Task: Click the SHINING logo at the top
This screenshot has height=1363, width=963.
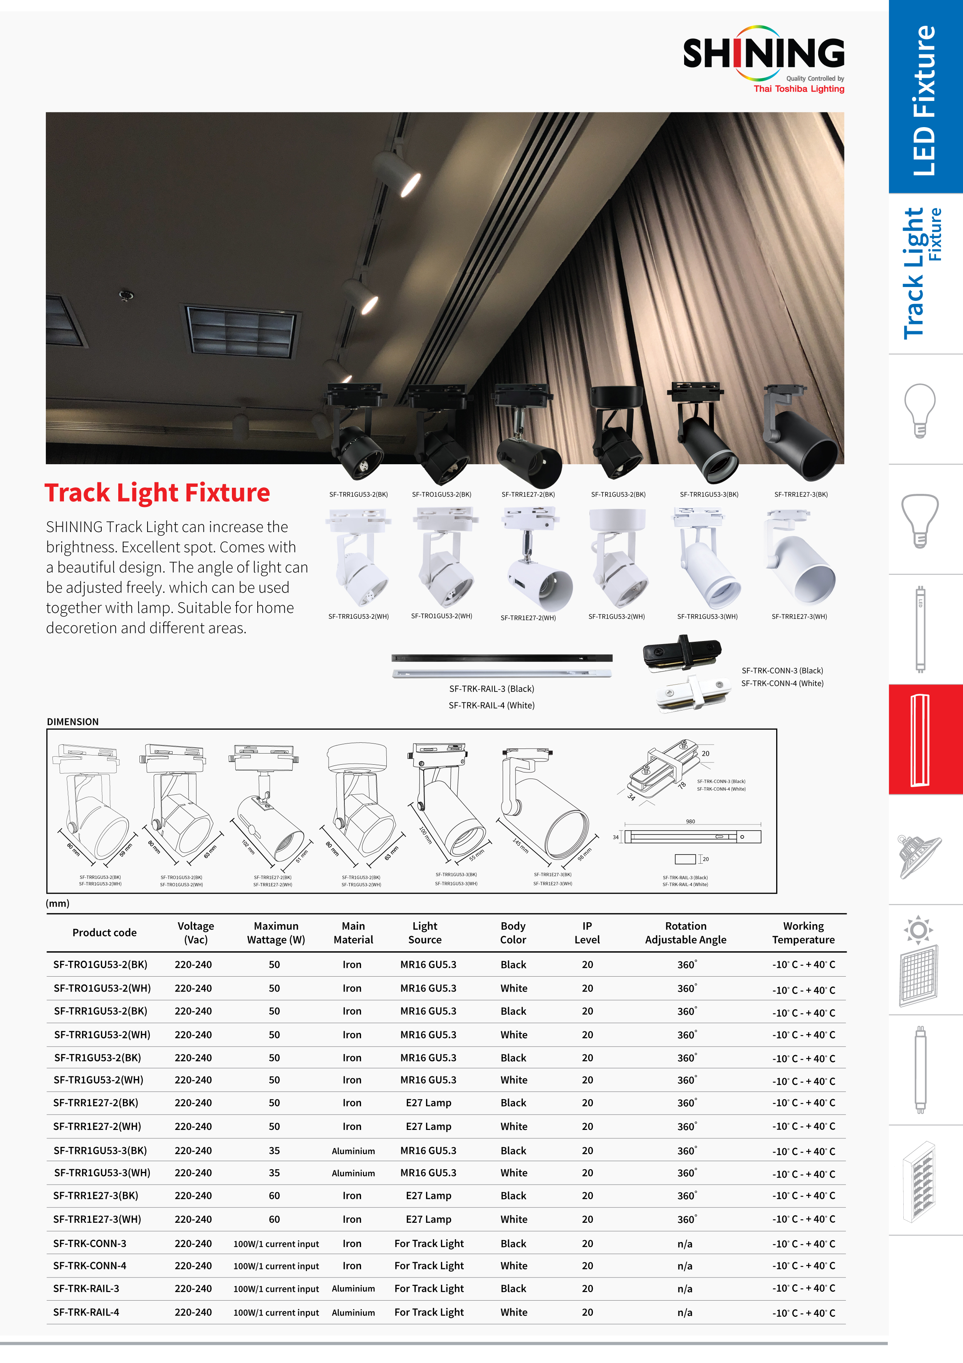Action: click(x=763, y=54)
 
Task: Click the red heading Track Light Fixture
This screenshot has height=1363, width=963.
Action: click(x=157, y=493)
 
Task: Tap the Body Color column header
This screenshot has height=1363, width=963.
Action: click(x=513, y=933)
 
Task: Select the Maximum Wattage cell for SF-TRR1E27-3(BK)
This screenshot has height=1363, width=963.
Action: click(x=274, y=1195)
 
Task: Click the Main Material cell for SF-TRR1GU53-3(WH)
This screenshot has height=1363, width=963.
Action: click(x=353, y=1173)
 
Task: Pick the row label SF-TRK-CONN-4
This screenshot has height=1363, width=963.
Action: click(x=90, y=1266)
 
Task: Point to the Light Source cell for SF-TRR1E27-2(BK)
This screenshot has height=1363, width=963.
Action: click(x=429, y=1103)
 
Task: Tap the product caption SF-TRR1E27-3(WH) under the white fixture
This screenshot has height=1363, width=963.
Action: click(x=799, y=616)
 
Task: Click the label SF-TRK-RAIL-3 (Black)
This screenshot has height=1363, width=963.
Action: click(x=492, y=688)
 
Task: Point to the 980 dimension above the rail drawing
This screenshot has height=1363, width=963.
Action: click(x=691, y=822)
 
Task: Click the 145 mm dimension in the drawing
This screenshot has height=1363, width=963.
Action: click(x=521, y=846)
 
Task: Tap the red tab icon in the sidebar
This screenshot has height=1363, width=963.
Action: click(x=919, y=739)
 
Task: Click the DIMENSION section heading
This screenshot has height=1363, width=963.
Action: click(x=73, y=722)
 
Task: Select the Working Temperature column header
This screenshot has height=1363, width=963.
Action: click(x=803, y=933)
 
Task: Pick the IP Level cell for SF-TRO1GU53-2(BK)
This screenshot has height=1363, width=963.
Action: click(x=587, y=965)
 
